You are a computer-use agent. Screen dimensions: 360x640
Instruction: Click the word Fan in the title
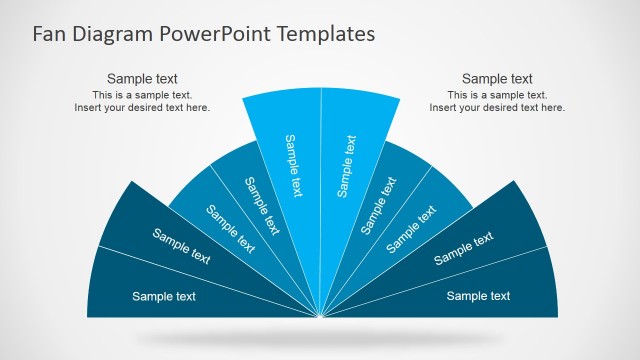click(x=50, y=33)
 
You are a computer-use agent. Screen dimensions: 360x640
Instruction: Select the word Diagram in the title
click(x=113, y=34)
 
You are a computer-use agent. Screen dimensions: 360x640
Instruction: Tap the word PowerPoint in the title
click(x=216, y=34)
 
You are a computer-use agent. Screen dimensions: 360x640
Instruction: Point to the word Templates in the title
click(x=325, y=34)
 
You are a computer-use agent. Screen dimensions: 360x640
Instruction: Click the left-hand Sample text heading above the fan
click(x=142, y=79)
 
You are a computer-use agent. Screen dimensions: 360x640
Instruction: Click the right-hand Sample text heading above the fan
click(x=497, y=79)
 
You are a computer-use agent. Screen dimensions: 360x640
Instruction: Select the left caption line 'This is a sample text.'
click(x=142, y=95)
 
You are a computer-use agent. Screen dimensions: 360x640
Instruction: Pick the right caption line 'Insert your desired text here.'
click(x=497, y=108)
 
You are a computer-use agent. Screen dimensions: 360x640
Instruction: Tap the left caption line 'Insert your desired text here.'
click(x=142, y=108)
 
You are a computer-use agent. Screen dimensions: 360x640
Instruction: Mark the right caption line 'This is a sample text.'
click(x=497, y=95)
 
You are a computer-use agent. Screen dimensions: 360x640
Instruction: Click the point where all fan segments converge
click(x=321, y=318)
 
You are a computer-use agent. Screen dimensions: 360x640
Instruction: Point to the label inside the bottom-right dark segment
click(x=478, y=296)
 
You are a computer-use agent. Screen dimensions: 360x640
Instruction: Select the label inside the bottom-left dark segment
click(x=164, y=296)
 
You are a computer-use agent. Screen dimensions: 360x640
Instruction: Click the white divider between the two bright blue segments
click(x=321, y=180)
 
